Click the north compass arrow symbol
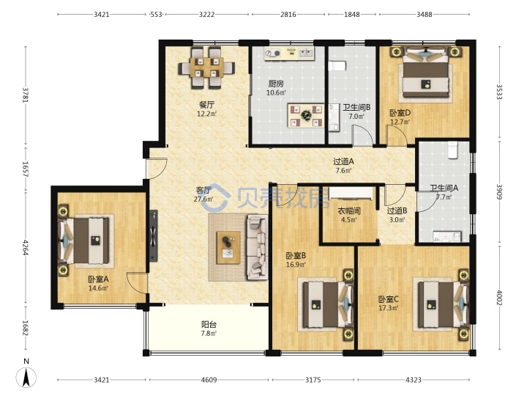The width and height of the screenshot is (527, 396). pos(26,377)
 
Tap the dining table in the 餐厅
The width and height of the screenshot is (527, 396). pos(206,67)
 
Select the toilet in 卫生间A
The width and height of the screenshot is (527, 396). pos(453,150)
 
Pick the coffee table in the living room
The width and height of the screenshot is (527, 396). pos(228,248)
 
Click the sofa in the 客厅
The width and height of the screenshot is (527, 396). pos(258,247)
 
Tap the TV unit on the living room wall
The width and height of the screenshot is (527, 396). pos(154,235)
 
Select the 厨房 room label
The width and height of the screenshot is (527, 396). pos(276,84)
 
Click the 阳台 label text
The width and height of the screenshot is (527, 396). pos(209,325)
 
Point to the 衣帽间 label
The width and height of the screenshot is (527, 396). pos(349,211)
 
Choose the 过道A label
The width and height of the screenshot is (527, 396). pos(343,161)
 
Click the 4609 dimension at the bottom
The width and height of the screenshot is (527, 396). pos(209,380)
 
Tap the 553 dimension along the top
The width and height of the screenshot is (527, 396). pos(157,15)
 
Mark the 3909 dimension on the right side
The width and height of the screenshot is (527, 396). pos(499,191)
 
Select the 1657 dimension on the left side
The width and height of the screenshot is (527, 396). pos(25,169)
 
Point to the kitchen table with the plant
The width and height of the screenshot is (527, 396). pos(306,116)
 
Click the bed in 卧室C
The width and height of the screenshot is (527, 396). pos(442,305)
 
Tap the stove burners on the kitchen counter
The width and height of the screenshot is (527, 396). pos(272,54)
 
